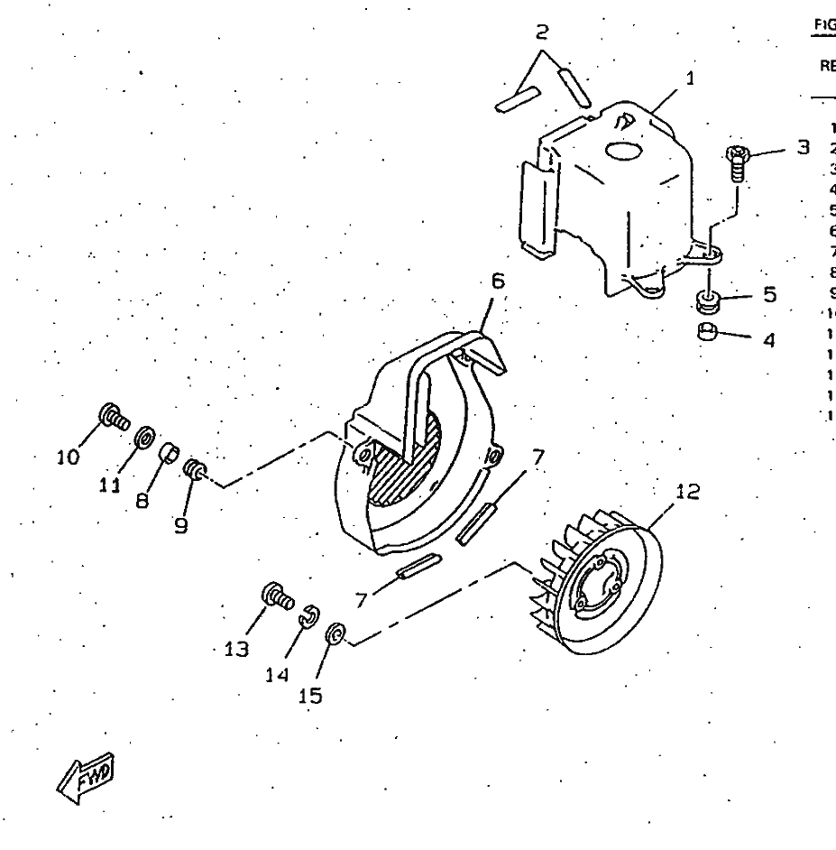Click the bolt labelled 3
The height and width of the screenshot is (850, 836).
click(x=737, y=161)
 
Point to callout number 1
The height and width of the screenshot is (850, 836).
click(x=690, y=79)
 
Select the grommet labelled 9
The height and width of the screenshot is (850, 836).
click(x=191, y=469)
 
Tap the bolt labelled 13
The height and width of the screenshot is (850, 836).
click(x=274, y=595)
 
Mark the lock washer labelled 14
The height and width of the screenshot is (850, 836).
click(x=307, y=616)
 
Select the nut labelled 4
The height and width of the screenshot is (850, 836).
click(x=708, y=333)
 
